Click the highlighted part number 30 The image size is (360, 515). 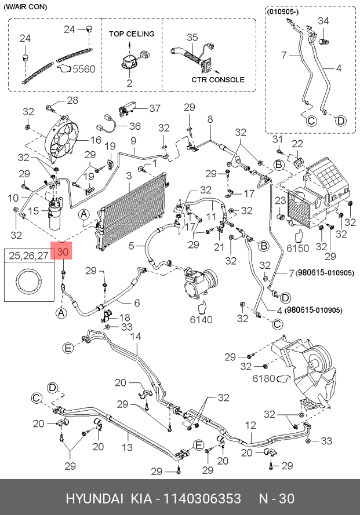[x=63, y=253]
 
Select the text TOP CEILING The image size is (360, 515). [x=132, y=34]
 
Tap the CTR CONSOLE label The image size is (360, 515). [x=218, y=80]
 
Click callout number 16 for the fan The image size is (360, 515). [x=96, y=140]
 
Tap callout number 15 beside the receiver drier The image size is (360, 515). [x=34, y=210]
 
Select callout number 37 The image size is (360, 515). [x=154, y=108]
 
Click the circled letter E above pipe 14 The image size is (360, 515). [x=68, y=348]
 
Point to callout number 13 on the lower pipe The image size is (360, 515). [x=127, y=447]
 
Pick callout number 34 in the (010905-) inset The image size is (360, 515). [x=323, y=21]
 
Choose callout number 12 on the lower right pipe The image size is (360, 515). [x=250, y=425]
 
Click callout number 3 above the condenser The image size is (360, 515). [x=128, y=175]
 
